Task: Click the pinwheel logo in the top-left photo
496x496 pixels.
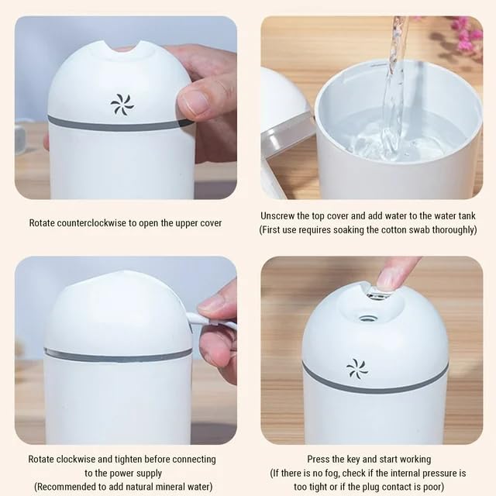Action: (x=122, y=105)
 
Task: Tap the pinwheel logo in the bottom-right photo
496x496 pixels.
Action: (x=357, y=369)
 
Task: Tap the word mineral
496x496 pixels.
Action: (x=167, y=487)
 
